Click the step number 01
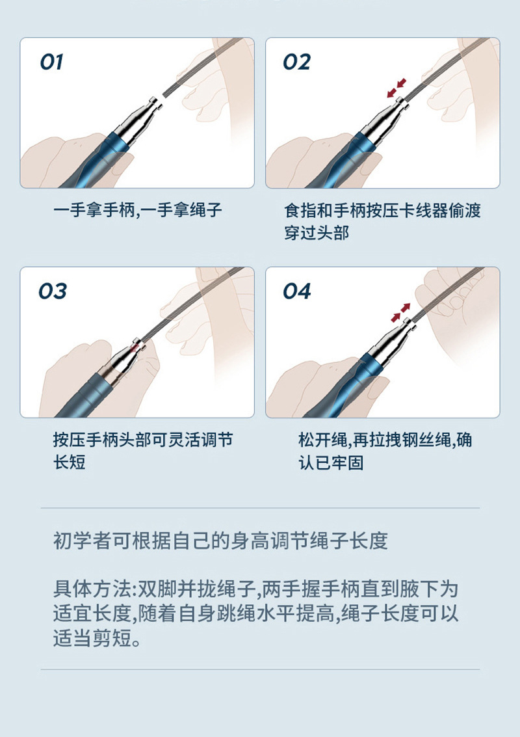pos(51,62)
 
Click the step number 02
pos(296,62)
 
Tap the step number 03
pos(52,291)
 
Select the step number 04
pos(296,291)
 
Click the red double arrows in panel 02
pos(396,88)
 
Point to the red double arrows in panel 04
pos(400,313)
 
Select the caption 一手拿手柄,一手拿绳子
pos(138,210)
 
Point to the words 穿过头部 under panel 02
pos(317,233)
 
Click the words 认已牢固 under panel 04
pos(331,462)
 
